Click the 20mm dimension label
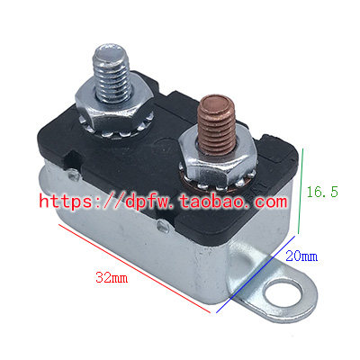coord(301,256)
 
